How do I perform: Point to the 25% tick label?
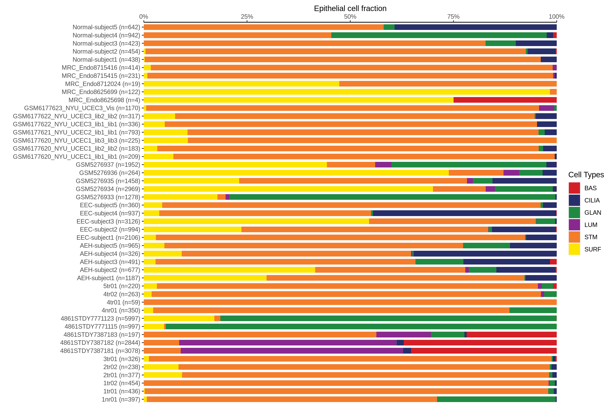click(x=247, y=17)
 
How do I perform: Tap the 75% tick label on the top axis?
click(x=453, y=17)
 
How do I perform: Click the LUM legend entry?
click(x=591, y=225)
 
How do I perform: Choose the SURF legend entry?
click(x=592, y=249)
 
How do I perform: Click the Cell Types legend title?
click(x=586, y=175)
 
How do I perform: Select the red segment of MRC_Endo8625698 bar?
click(x=505, y=100)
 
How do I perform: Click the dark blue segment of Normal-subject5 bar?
click(x=475, y=27)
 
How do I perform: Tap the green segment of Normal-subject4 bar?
click(x=439, y=35)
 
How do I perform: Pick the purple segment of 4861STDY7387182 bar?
click(x=288, y=343)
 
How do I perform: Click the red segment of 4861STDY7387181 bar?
click(x=484, y=351)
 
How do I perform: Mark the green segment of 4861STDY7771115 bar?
click(x=361, y=327)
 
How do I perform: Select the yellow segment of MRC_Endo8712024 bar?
click(x=241, y=84)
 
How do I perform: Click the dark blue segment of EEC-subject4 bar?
click(x=464, y=213)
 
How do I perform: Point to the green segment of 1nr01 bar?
click(x=496, y=399)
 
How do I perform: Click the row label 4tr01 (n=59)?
click(x=123, y=302)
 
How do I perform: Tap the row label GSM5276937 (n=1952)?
click(x=108, y=165)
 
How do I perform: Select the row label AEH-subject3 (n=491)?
click(x=110, y=262)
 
